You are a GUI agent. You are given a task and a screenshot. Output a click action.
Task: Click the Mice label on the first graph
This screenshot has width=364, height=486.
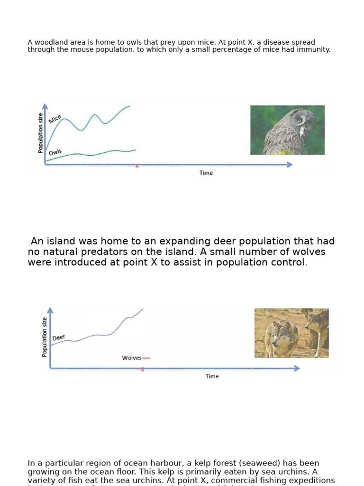click(55, 119)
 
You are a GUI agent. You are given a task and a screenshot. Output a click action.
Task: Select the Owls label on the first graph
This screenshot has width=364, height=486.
click(55, 152)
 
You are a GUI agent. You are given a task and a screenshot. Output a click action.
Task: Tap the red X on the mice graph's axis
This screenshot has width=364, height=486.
click(137, 166)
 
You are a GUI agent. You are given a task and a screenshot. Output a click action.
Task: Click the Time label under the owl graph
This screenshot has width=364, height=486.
click(206, 173)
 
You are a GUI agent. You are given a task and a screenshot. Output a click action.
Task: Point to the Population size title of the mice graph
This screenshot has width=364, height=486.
click(41, 133)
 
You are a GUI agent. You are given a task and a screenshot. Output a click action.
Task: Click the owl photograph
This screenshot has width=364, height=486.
click(287, 130)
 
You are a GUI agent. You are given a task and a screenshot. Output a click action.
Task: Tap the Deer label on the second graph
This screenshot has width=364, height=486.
click(59, 337)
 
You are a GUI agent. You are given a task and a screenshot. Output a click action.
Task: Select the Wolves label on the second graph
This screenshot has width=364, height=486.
click(131, 358)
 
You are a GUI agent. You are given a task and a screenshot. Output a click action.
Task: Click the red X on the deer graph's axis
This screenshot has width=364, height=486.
click(143, 369)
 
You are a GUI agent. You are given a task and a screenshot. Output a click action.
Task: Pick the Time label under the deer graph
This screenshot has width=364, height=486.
click(212, 376)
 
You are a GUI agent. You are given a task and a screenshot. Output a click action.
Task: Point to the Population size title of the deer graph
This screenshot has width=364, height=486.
click(45, 336)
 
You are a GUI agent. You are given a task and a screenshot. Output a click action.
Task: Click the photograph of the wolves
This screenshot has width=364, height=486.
click(291, 333)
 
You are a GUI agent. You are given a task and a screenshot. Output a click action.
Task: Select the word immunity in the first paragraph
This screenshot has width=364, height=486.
click(313, 49)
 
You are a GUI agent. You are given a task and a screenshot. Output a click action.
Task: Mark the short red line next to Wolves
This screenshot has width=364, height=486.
click(146, 358)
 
